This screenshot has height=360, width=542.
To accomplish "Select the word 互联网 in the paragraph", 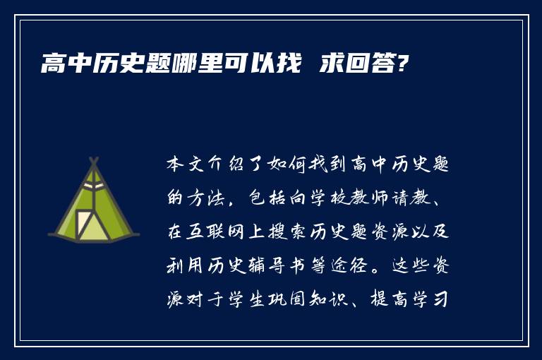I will pos(224,234).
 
